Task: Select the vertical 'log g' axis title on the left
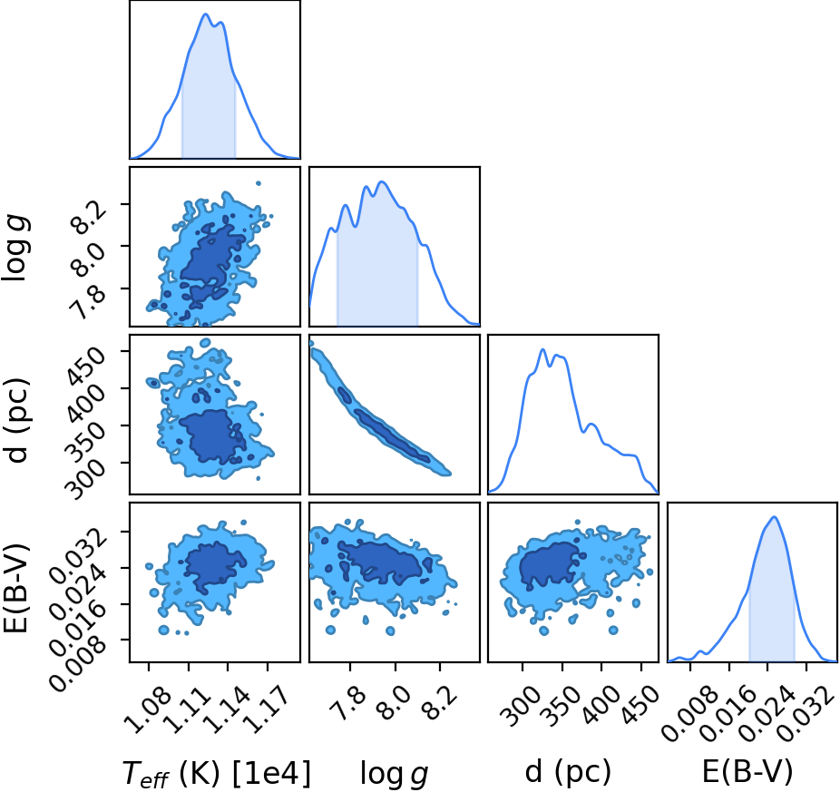(16, 248)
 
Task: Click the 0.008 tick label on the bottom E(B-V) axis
(688, 714)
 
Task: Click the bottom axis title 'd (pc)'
(568, 773)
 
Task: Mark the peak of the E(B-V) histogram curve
(774, 516)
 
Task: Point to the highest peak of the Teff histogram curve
(206, 14)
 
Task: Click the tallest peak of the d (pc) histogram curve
(542, 349)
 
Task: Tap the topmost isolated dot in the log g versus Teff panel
(259, 183)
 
